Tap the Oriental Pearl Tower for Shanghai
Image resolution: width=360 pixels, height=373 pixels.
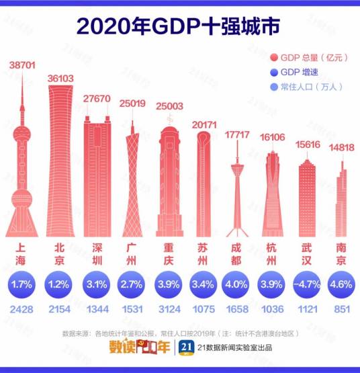(21, 168)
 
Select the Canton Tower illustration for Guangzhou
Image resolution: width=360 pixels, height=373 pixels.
(132, 181)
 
